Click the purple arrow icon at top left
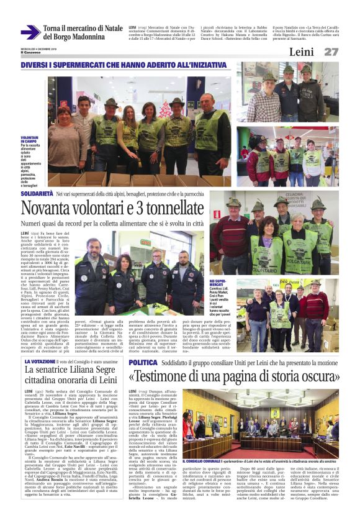coord(30,32)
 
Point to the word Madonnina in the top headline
coord(91,37)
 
